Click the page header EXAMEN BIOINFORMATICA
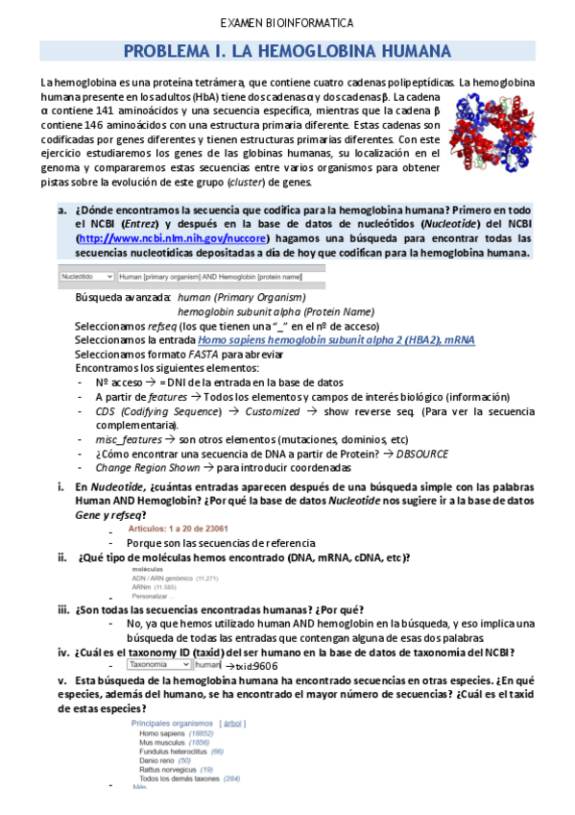coord(287,22)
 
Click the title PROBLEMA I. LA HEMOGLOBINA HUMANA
coord(287,51)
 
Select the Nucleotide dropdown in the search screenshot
coord(84,275)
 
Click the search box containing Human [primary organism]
coord(219,275)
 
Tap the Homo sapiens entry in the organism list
coord(162,732)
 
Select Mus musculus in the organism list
coord(161,742)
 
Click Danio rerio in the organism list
coord(156,760)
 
